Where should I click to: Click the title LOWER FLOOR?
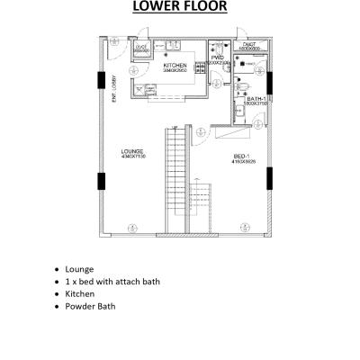(x=179, y=9)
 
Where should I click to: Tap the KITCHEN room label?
(x=175, y=67)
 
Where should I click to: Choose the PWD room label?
(x=217, y=58)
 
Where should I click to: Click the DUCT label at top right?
(x=249, y=44)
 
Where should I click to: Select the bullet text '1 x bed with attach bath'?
(x=112, y=281)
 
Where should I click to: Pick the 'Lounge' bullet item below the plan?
(x=79, y=268)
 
